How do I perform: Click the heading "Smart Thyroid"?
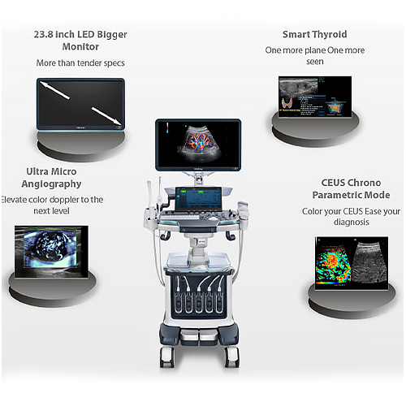click(314, 34)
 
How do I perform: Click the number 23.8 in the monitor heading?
click(43, 34)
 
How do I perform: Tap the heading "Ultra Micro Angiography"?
click(51, 178)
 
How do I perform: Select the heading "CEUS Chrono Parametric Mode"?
click(351, 188)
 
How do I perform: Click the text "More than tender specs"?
click(80, 63)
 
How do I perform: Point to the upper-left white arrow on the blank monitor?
click(55, 90)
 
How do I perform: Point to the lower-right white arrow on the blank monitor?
click(106, 115)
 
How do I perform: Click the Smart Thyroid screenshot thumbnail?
click(315, 97)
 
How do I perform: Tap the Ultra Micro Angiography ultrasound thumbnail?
click(51, 252)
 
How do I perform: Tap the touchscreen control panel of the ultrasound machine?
click(198, 199)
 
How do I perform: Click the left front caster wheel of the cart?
click(166, 356)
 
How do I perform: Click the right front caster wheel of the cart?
click(232, 356)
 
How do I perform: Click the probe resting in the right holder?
click(244, 209)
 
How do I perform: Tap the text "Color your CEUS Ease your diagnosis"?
click(351, 217)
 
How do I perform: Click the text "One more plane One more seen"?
click(315, 56)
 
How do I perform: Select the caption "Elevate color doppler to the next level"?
click(51, 205)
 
